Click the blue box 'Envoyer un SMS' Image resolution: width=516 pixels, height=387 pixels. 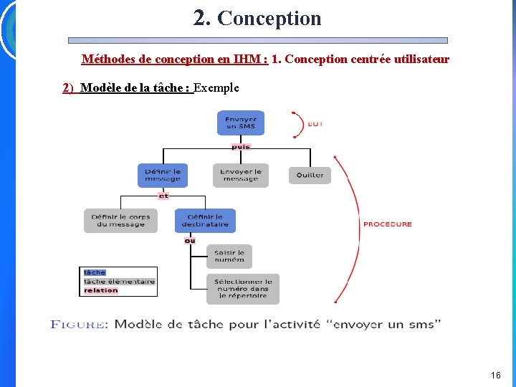click(241, 123)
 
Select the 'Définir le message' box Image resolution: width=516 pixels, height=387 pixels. click(163, 175)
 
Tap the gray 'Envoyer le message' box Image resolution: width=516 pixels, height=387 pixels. click(241, 175)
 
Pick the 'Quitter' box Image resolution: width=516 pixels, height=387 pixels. click(310, 175)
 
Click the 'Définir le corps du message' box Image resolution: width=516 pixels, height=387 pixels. click(120, 220)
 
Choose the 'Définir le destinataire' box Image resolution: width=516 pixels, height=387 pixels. click(205, 220)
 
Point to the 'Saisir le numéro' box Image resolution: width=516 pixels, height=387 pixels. click(229, 256)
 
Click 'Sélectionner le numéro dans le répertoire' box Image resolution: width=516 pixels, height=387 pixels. click(243, 288)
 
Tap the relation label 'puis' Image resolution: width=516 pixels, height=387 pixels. click(241, 147)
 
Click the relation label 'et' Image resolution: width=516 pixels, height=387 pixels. click(163, 195)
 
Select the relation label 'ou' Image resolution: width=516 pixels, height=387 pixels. click(190, 241)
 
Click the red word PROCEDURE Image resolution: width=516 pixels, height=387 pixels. click(388, 224)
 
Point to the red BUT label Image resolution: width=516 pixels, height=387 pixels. click(315, 124)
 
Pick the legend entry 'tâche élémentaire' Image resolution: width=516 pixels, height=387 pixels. click(119, 282)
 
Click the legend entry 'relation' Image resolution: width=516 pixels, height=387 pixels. click(101, 290)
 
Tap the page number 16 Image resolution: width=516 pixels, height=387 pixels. click(496, 375)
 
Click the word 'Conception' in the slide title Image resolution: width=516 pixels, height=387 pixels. click(269, 19)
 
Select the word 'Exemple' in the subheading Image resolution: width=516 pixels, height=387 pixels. click(216, 88)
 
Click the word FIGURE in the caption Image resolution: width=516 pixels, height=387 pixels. click(77, 325)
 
